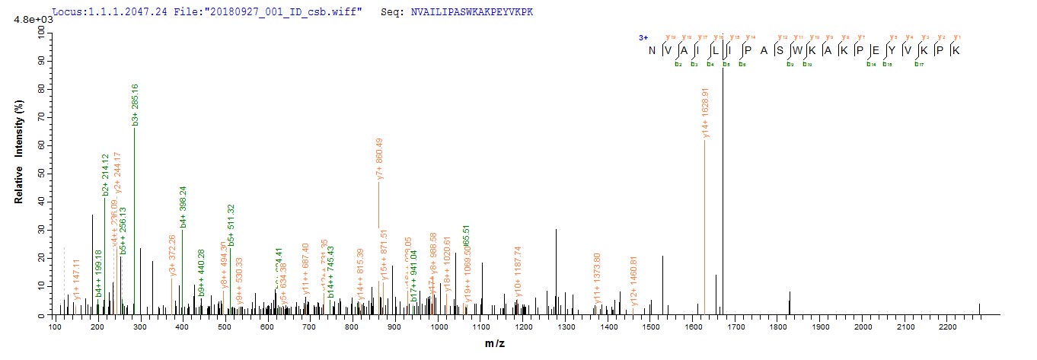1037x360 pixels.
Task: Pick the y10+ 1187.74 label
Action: click(518, 271)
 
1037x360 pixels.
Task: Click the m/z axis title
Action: click(496, 345)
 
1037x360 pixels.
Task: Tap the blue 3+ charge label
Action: click(643, 36)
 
